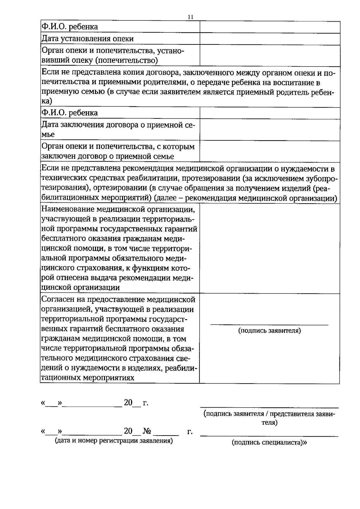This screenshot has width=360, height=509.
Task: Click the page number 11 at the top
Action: [190, 17]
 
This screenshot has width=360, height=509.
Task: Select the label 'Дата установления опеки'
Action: [87, 39]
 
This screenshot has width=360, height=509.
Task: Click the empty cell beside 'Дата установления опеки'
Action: [270, 39]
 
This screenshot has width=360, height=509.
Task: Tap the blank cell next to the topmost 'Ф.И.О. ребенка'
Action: [270, 27]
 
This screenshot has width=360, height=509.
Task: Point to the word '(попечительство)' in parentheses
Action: [126, 61]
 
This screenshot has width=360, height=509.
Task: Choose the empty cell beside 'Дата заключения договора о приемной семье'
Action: [270, 130]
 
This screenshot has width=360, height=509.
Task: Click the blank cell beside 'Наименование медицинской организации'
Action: [270, 248]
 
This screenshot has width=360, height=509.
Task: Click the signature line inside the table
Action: [269, 325]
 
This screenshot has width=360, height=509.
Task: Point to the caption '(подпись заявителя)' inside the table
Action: [269, 331]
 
